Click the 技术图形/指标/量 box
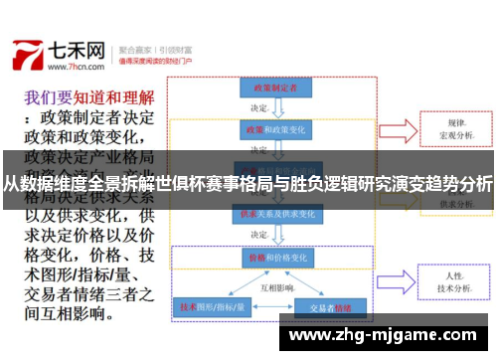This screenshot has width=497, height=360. point(211,306)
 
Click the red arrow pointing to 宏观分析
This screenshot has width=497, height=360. point(399,129)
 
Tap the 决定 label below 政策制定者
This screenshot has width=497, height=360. point(260,108)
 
